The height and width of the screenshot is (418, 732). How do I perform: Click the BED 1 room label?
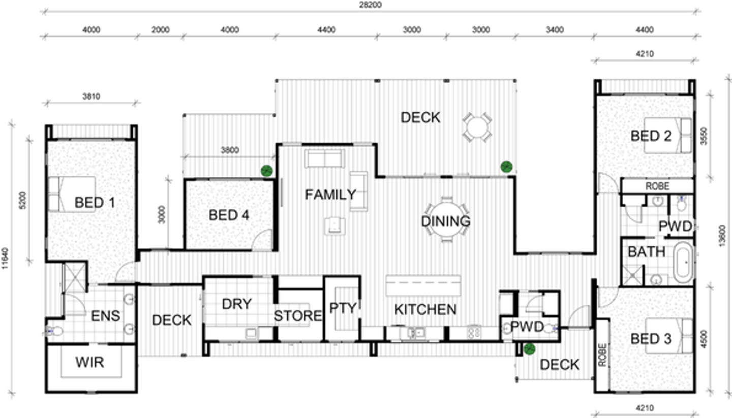95,203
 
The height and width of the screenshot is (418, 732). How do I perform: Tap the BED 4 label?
229,215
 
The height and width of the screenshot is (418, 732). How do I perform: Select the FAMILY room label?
330,195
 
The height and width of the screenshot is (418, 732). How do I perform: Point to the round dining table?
446,219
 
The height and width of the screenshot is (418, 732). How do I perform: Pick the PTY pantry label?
343,308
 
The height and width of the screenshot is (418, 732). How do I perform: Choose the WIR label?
90,362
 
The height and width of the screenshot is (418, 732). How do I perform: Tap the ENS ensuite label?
105,316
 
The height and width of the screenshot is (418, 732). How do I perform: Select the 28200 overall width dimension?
371,5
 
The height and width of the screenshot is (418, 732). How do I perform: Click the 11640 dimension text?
5,259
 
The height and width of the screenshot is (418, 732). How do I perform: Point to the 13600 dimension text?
722,236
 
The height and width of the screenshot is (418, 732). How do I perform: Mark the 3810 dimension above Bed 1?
91,97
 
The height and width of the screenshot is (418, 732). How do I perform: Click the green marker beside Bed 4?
267,171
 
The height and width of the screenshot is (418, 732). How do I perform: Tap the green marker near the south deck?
529,349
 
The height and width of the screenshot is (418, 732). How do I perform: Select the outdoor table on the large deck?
477,127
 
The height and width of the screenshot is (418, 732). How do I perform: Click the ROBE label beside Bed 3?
602,355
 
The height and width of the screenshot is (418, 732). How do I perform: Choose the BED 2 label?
651,136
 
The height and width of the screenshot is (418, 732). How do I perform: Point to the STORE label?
298,316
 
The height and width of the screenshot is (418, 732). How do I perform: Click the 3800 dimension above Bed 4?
230,150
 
